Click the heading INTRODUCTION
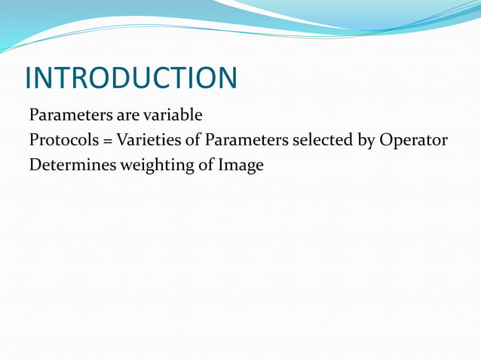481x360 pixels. (x=130, y=78)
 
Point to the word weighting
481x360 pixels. (x=155, y=166)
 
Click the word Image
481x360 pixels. (x=240, y=166)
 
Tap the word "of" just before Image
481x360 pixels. (x=206, y=166)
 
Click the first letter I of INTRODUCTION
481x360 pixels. (x=29, y=78)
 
